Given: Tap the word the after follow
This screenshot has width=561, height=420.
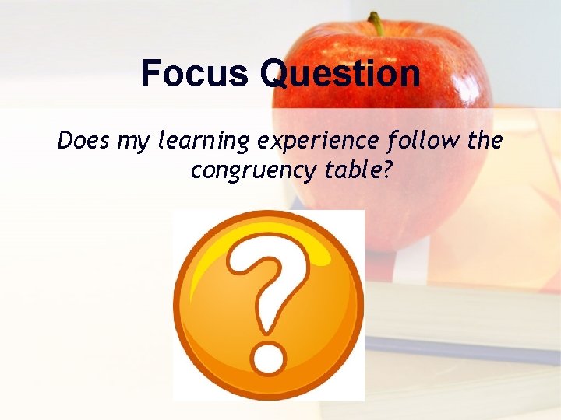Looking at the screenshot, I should click(x=484, y=141).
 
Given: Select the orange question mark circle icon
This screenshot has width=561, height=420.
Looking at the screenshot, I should click(x=269, y=304).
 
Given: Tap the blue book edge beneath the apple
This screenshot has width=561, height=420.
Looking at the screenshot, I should click(x=460, y=350).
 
